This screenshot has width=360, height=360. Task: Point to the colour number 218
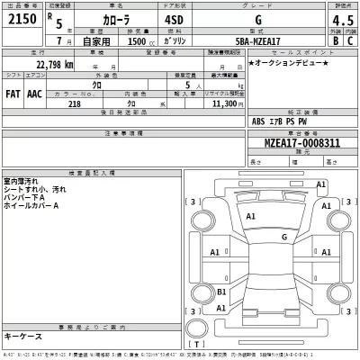point(63,103)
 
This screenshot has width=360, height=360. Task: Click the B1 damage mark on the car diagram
point(222,292)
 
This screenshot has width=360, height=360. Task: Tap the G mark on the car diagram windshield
point(283,238)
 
